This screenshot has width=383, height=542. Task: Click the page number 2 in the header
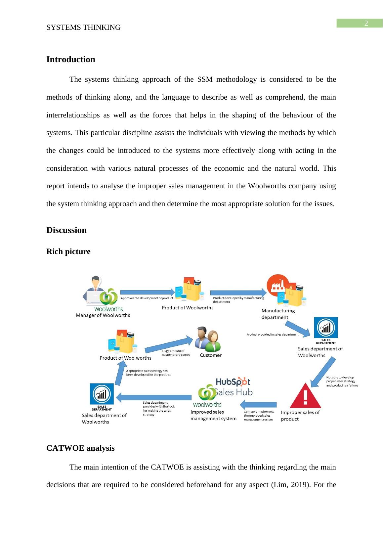(366, 23)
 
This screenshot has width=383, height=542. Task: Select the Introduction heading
(70, 60)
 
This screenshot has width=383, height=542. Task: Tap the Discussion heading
(66, 230)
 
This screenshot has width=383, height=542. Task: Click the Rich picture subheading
(68, 252)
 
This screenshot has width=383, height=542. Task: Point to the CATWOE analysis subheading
(80, 448)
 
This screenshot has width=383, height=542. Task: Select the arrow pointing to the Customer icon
(169, 344)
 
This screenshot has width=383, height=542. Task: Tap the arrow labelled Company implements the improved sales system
(258, 404)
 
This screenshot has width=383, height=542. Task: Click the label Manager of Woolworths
(103, 315)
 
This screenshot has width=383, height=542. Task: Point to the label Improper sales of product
(300, 416)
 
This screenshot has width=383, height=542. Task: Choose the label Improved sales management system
(213, 415)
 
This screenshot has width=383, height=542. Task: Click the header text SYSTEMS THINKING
(83, 28)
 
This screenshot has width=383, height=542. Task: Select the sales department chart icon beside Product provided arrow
(326, 329)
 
